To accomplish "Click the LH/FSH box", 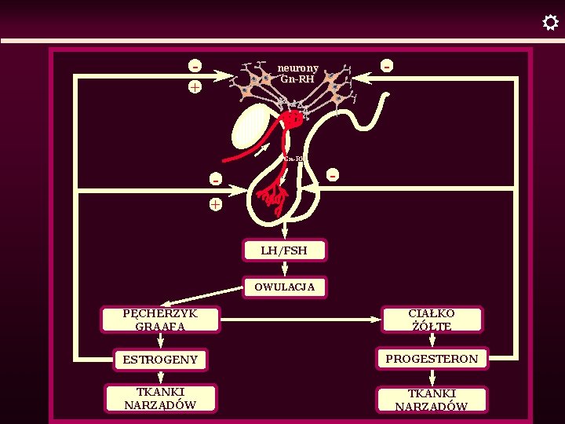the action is click(x=284, y=250).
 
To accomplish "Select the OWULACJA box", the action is click(x=284, y=287).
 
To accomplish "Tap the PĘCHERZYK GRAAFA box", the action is click(x=160, y=320).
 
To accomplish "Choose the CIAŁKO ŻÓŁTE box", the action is click(x=432, y=319).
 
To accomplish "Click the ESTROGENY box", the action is click(x=160, y=360).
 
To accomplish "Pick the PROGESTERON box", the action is click(x=432, y=359).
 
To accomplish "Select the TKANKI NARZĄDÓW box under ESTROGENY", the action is click(x=160, y=399).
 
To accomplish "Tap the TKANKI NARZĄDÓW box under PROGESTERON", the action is click(x=432, y=400).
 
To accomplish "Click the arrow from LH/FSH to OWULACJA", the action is click(x=285, y=269).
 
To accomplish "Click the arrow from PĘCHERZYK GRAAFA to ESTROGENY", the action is click(x=160, y=340).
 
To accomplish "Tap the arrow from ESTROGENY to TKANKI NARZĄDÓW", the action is click(x=160, y=379).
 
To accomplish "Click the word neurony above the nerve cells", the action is click(x=297, y=68).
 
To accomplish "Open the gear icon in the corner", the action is click(x=550, y=23).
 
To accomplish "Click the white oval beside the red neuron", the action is click(x=250, y=126).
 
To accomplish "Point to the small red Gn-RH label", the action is click(x=293, y=159).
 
